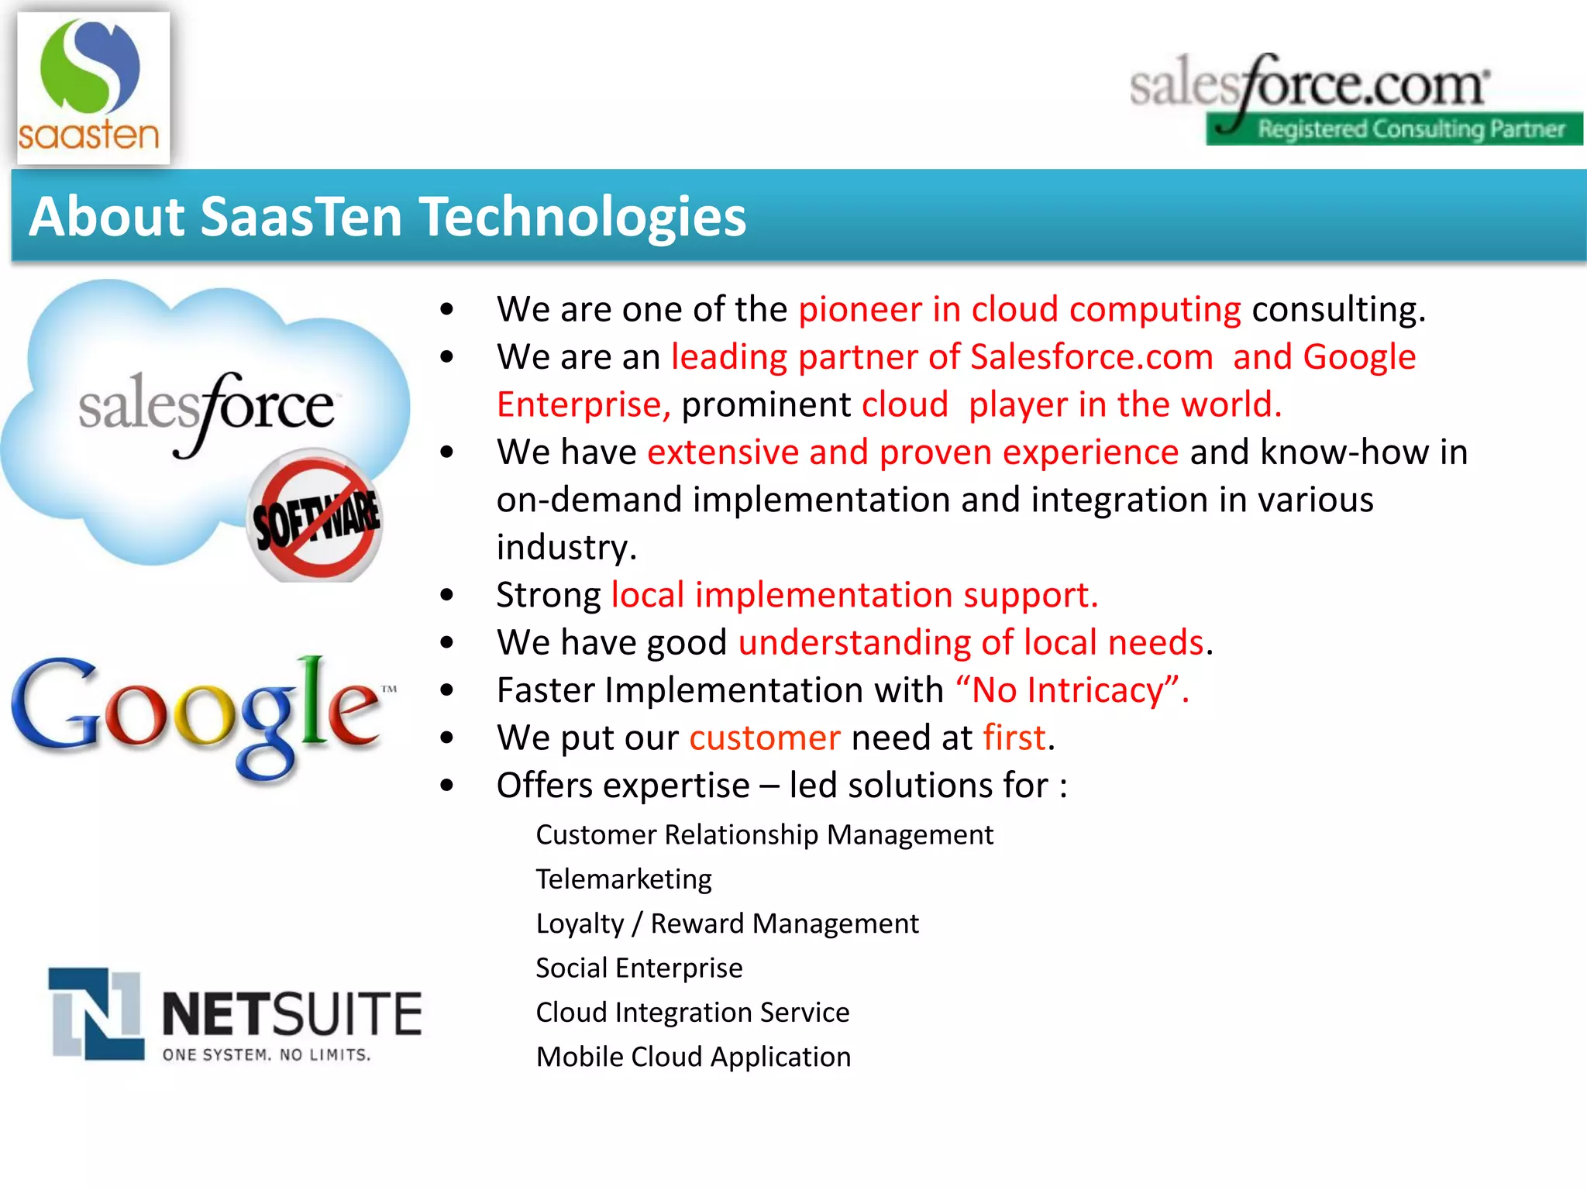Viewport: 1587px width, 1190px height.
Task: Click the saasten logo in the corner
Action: tap(91, 87)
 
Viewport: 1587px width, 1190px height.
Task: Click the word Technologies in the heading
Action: tap(583, 216)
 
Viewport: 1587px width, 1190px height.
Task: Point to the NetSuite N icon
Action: tap(96, 1013)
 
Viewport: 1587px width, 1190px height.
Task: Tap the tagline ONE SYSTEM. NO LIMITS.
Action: tap(267, 1055)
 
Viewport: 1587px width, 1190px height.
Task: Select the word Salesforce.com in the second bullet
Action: tap(1091, 357)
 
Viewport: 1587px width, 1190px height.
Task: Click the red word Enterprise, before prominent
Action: tap(583, 404)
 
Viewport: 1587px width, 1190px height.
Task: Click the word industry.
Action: tap(566, 548)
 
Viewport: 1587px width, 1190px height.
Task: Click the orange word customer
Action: tap(764, 738)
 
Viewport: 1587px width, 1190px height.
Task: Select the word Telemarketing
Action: tap(623, 879)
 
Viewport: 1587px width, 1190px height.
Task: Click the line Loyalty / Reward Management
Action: tap(726, 923)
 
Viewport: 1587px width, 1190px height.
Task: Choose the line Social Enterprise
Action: tap(639, 968)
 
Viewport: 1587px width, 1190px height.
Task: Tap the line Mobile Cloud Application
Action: tap(693, 1057)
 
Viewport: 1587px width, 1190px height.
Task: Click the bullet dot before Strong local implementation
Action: tap(446, 595)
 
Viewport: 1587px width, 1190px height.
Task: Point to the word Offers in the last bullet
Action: tap(544, 786)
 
